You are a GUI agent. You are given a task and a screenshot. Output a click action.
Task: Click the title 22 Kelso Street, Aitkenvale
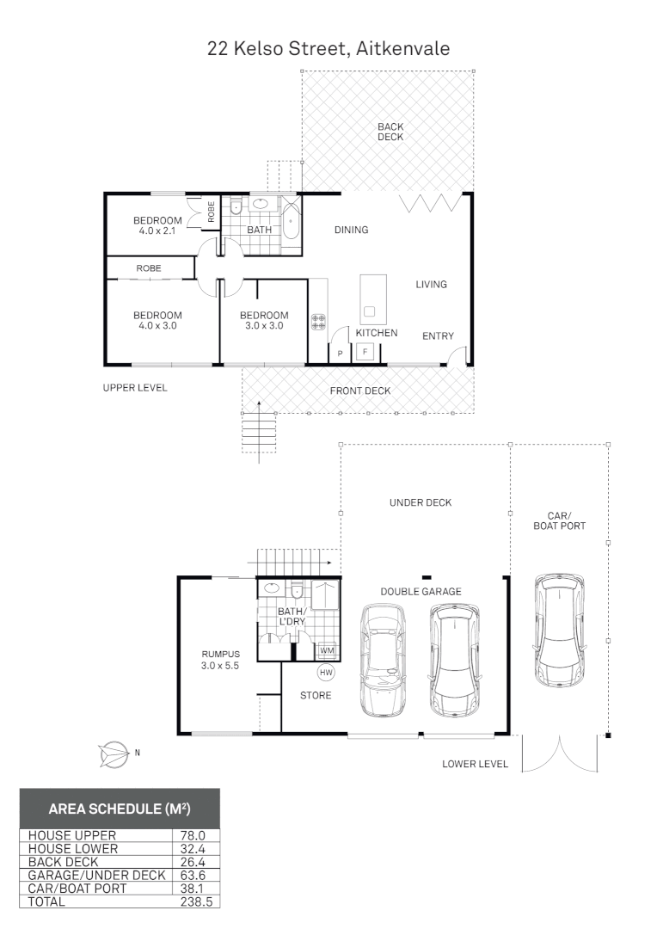328,49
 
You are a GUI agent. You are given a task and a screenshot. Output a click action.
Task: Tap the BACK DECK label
390,132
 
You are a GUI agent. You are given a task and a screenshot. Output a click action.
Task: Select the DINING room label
351,230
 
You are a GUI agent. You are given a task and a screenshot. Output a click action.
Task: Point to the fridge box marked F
365,351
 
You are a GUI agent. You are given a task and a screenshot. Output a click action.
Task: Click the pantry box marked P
340,353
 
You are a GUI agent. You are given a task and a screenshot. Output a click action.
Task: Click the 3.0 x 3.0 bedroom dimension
264,326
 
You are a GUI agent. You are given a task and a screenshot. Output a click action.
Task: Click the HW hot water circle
326,672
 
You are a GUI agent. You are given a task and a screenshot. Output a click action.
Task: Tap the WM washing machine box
327,650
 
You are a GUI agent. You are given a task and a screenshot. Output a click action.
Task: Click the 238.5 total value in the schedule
197,901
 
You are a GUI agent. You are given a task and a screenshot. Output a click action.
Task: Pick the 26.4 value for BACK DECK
197,861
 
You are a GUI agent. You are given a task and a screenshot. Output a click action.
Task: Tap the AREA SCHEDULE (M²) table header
120,809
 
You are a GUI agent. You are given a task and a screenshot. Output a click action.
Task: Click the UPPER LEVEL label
135,388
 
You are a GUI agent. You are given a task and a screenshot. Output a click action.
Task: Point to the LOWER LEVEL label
475,764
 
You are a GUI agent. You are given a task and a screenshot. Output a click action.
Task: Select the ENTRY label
438,336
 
